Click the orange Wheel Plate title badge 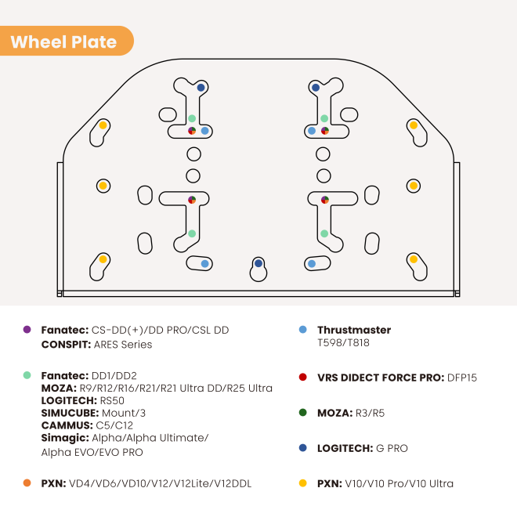[66, 41]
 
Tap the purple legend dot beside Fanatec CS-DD [27, 329]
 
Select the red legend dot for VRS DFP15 [302, 377]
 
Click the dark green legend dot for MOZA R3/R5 [302, 413]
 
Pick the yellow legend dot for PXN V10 [302, 483]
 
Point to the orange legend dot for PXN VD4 [27, 483]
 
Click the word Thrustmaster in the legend [354, 330]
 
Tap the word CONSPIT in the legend [66, 345]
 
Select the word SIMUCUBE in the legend [70, 413]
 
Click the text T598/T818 [343, 343]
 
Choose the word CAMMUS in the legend [67, 425]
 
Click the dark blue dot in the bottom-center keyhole [258, 263]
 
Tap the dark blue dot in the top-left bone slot [201, 88]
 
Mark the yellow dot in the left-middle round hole [103, 186]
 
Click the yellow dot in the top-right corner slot [414, 125]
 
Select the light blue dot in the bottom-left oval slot [204, 264]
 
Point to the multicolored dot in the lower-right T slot [325, 200]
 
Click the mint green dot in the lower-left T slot [192, 233]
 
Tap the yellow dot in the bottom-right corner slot [414, 259]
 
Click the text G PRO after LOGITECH [392, 448]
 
